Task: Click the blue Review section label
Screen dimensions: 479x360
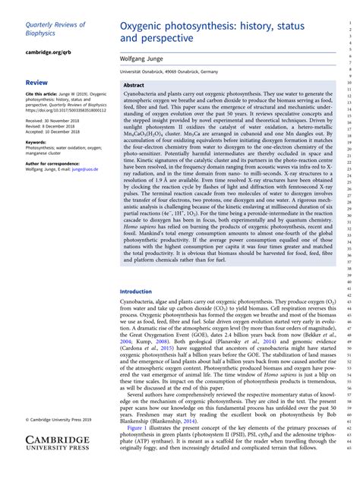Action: click(36, 81)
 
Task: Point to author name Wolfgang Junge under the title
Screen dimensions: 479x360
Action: click(148, 58)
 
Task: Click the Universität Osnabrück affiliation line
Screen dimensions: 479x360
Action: click(169, 71)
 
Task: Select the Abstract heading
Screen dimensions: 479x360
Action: click(134, 86)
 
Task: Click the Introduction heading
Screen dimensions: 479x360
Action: click(136, 291)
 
